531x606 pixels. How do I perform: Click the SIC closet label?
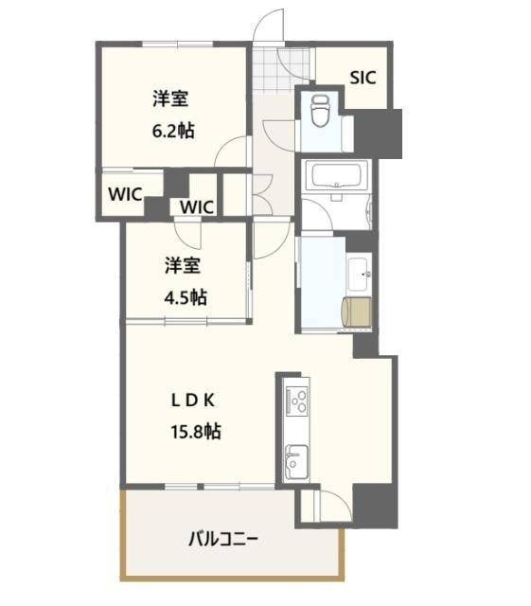363,78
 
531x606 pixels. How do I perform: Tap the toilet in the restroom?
319,112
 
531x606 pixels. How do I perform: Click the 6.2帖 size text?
173,131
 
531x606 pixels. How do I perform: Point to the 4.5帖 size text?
186,296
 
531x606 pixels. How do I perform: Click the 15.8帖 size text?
197,431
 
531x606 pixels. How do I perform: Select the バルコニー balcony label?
222,540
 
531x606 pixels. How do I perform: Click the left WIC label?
125,194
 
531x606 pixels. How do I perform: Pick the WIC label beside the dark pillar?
197,206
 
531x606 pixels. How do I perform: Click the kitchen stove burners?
298,401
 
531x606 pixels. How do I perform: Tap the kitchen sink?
294,459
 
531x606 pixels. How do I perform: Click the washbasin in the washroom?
361,276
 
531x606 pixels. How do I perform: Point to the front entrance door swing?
270,26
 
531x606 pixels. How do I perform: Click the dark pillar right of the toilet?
377,133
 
